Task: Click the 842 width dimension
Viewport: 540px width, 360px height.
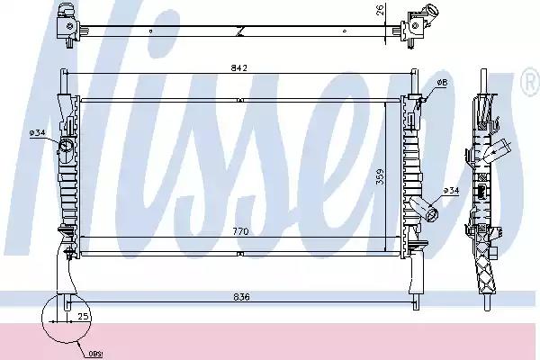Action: click(x=238, y=67)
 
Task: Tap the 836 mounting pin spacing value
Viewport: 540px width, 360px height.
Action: click(x=239, y=295)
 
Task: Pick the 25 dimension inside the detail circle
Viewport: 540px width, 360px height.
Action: click(x=83, y=317)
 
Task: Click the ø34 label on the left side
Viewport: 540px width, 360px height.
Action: click(x=38, y=133)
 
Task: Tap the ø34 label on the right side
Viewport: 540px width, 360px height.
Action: click(x=451, y=190)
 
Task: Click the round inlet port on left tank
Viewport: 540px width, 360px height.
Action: click(x=67, y=148)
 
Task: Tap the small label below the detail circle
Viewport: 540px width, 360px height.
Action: click(x=95, y=352)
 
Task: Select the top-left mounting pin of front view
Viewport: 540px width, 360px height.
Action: click(x=64, y=78)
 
